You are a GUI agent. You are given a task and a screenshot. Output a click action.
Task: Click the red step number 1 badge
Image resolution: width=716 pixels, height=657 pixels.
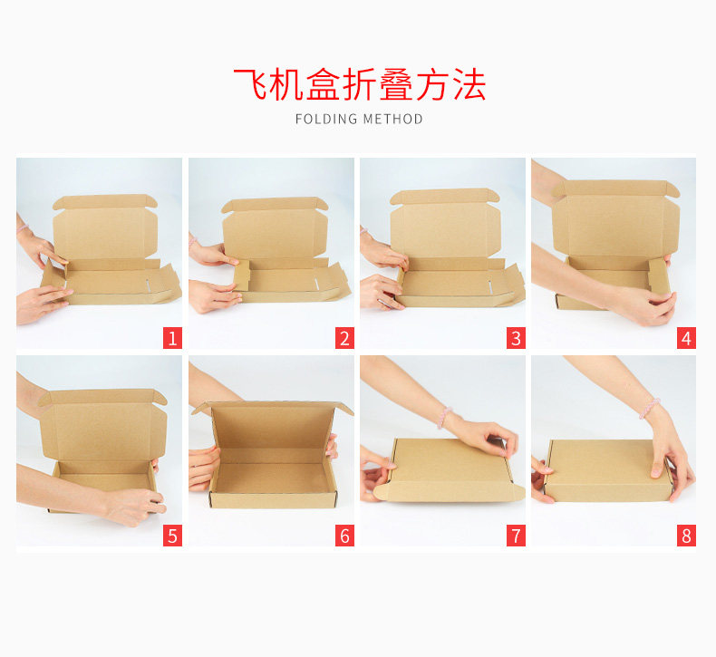172,338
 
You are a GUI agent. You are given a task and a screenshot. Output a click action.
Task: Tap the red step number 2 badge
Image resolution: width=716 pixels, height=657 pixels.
344,338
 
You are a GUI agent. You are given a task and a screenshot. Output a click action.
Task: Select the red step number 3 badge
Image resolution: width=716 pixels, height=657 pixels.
516,338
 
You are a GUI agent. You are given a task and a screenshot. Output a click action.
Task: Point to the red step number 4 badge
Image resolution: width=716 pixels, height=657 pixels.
686,338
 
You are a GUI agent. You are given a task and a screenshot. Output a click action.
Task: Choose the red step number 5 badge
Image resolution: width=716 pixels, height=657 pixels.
172,535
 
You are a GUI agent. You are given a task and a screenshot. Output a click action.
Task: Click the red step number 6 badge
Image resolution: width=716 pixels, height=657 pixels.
344,535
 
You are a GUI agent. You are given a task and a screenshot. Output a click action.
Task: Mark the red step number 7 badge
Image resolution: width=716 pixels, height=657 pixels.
516,535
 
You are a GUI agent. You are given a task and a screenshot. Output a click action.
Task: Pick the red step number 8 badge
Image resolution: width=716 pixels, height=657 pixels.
686,535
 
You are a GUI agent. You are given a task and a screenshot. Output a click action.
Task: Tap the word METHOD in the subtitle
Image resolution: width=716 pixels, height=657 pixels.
393,119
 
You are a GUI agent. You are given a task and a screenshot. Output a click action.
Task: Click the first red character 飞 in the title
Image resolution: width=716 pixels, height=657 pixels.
250,84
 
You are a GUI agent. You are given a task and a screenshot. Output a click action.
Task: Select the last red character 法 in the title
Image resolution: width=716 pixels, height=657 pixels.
469,84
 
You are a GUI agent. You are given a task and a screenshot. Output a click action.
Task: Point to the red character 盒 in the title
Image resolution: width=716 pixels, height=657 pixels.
324,84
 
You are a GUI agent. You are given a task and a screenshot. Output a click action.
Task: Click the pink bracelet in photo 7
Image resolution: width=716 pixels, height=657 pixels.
443,417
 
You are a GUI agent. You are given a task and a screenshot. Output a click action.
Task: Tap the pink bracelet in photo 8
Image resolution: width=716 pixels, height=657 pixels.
649,408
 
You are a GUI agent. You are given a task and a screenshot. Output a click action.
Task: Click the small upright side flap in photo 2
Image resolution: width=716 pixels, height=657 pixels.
242,276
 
